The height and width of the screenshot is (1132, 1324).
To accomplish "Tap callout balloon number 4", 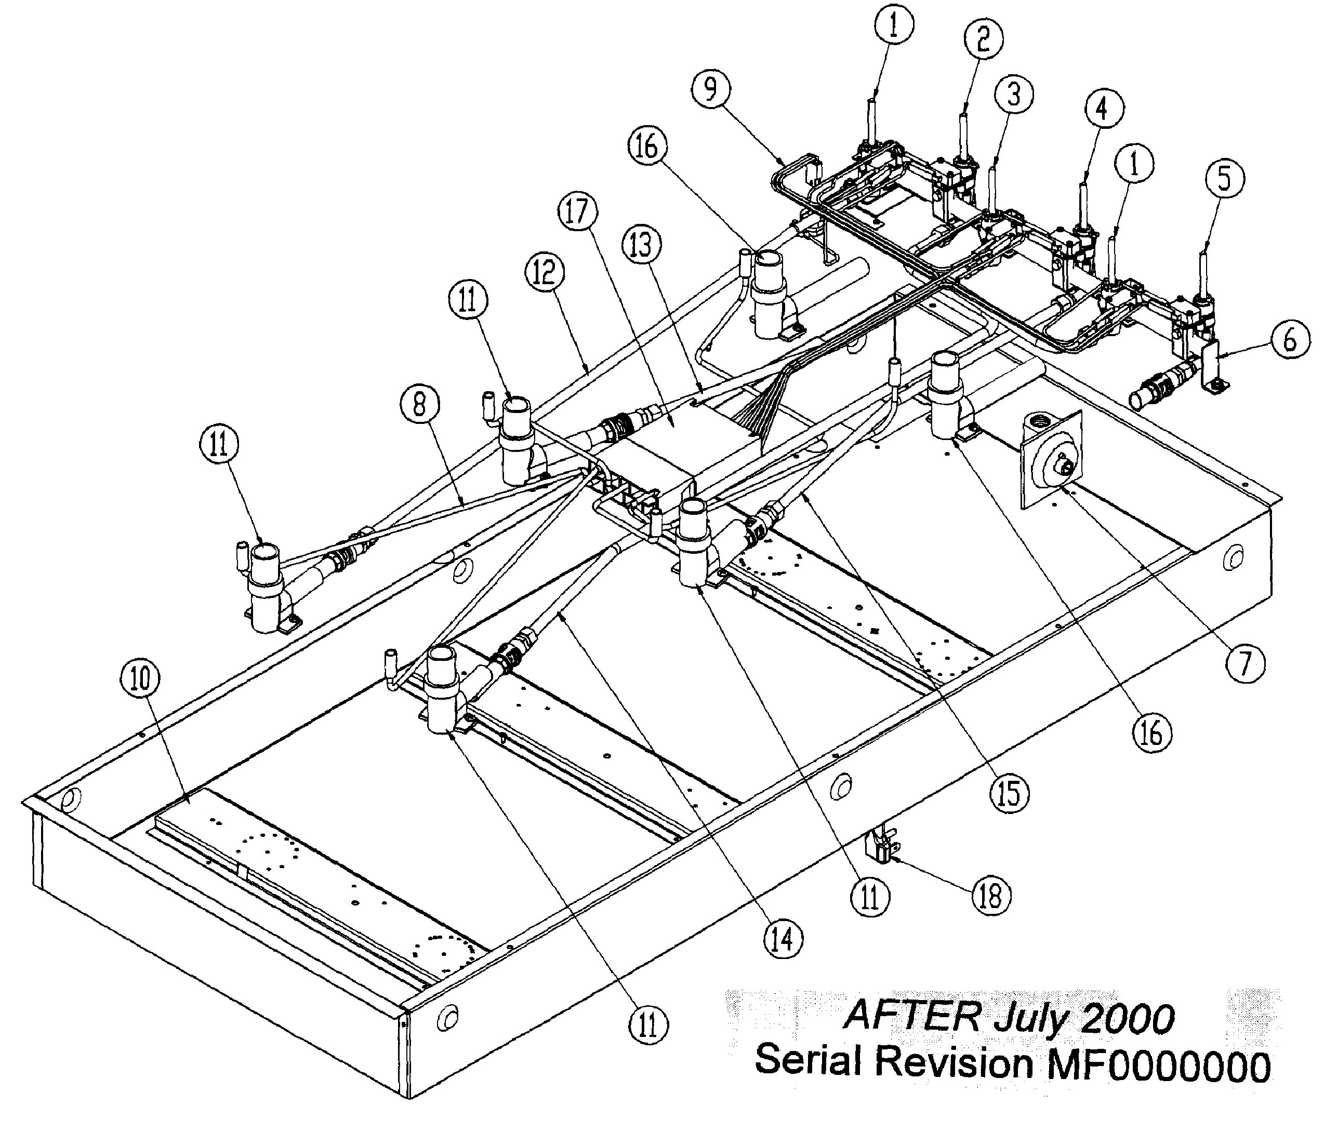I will pos(1101,109).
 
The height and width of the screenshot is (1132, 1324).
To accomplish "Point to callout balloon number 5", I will pos(1224,179).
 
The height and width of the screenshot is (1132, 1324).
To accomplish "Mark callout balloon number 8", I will pos(419,404).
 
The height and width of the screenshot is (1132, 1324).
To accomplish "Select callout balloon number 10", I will pos(141,679).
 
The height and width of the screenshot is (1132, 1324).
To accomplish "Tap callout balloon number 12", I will pos(545,272).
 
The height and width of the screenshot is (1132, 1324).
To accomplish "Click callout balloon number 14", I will pos(784,938).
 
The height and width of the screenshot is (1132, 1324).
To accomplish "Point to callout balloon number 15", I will pos(1010,793).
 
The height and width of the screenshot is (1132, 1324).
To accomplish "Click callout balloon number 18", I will pos(990,896).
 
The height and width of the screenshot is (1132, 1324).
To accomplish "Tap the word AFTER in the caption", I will pos(910,1016).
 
